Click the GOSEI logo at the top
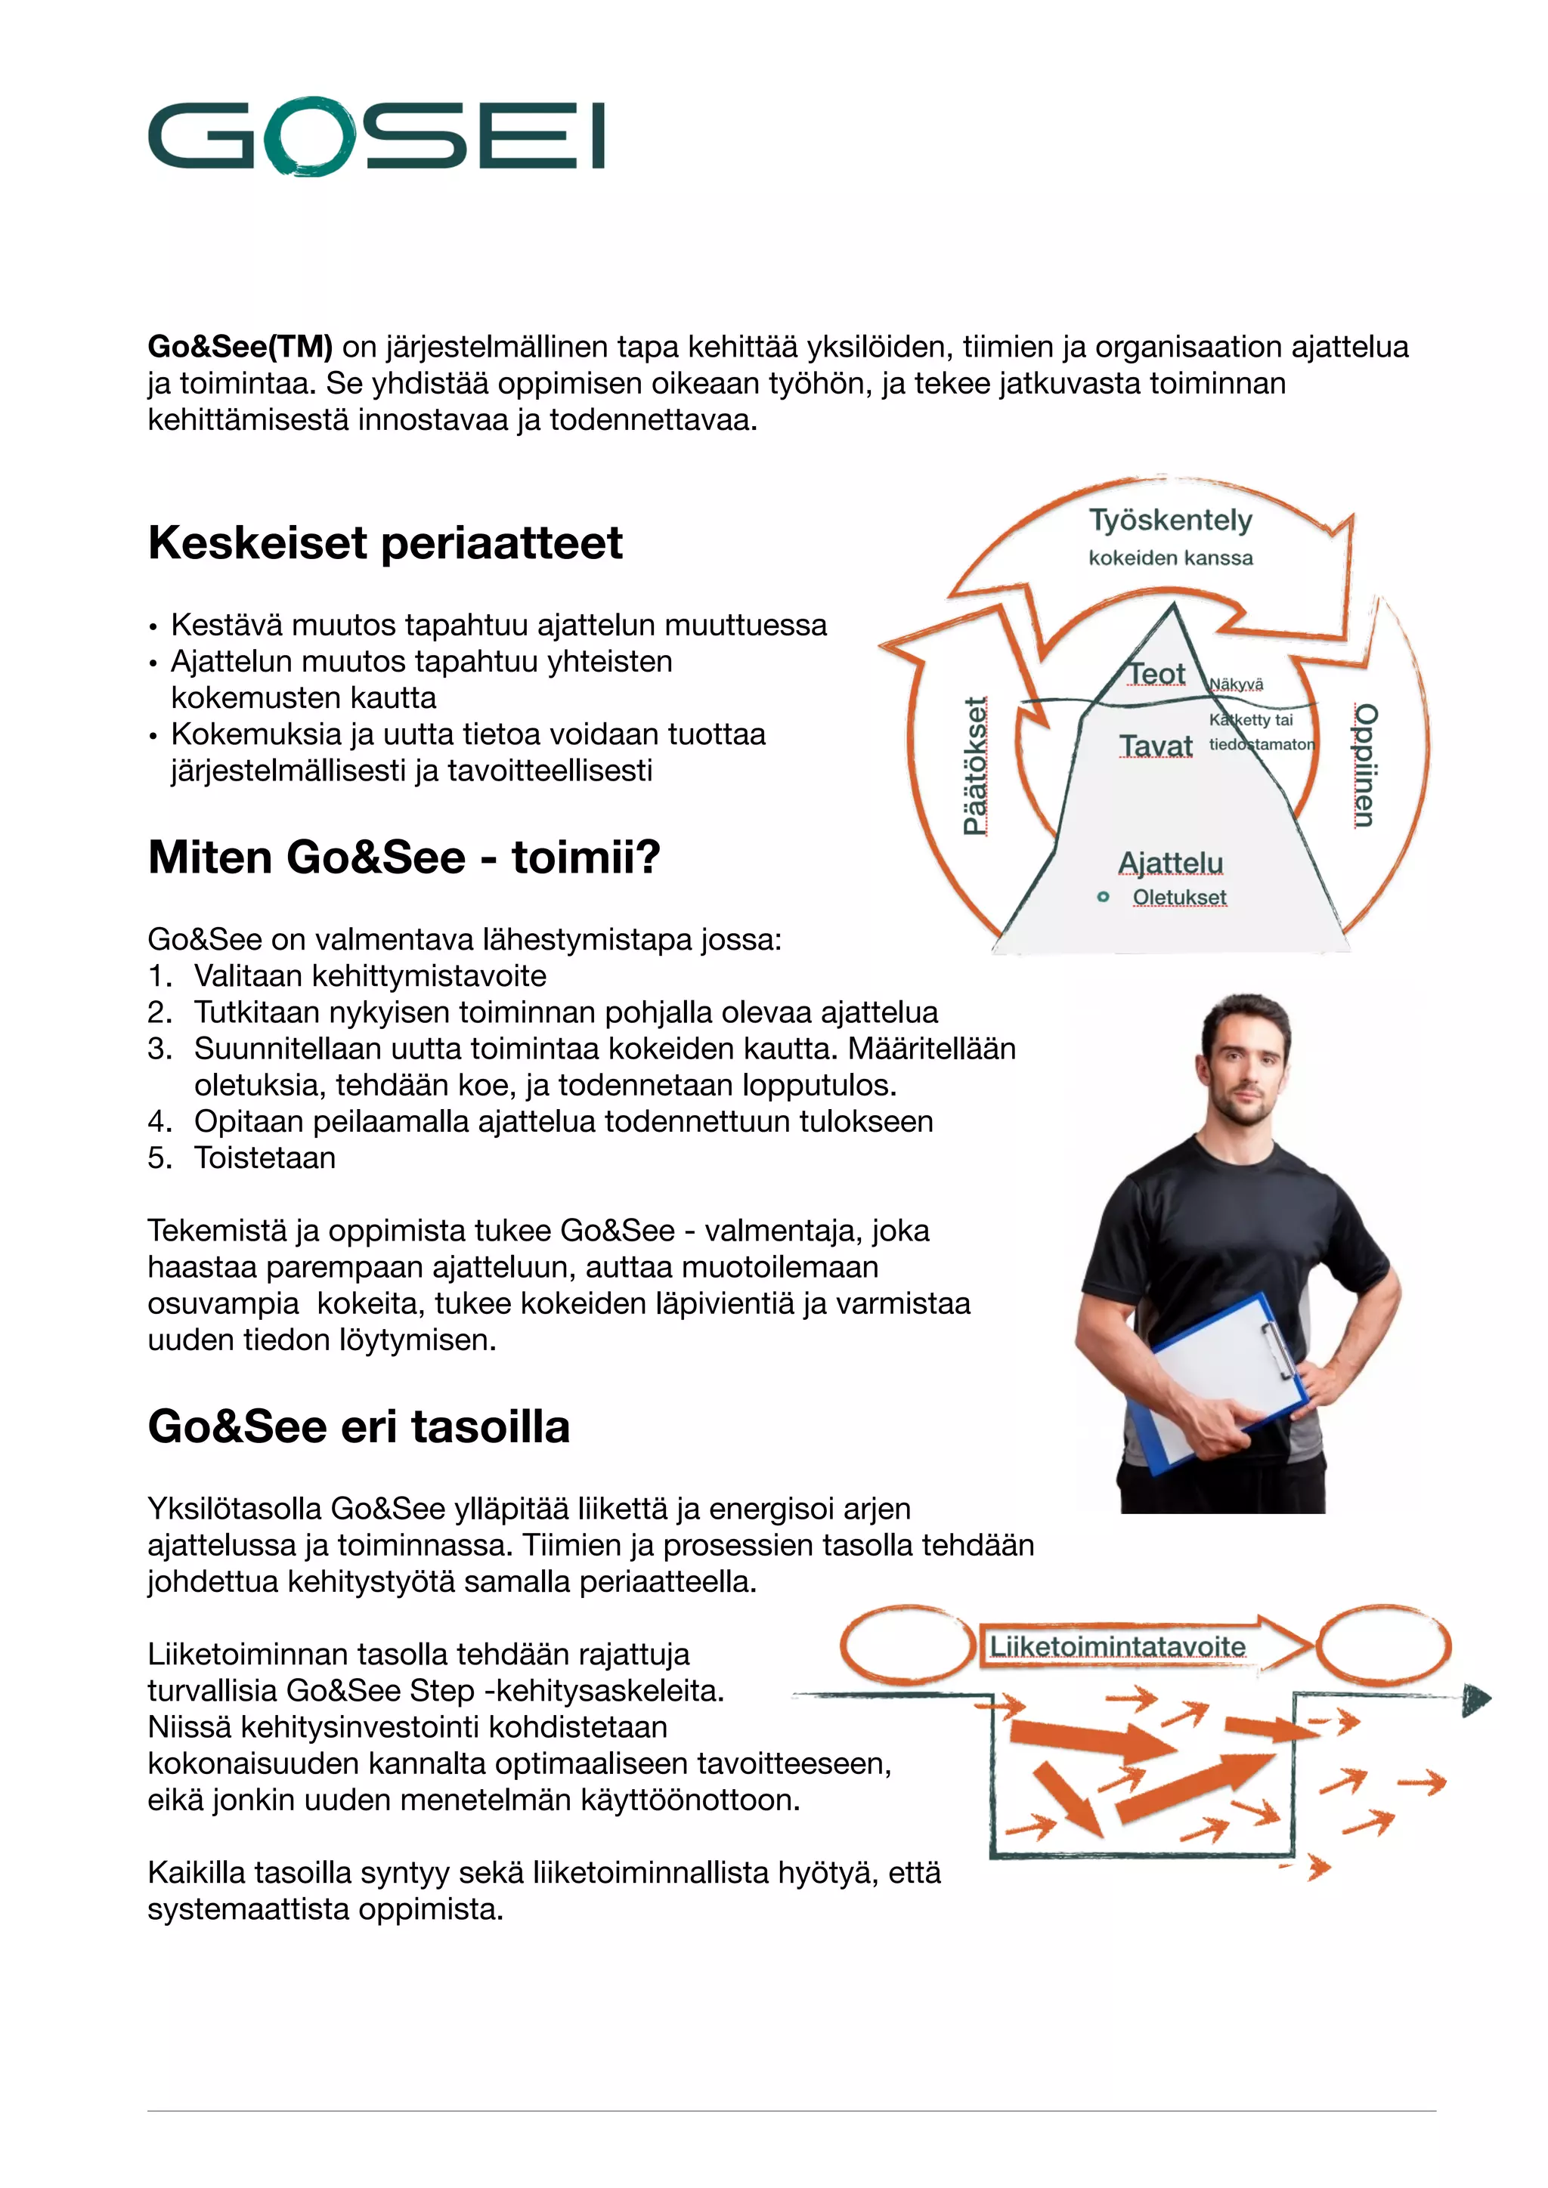(376, 136)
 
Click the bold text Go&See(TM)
(240, 347)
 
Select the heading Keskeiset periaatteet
(385, 543)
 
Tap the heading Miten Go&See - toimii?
(404, 857)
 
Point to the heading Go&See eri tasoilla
(358, 1426)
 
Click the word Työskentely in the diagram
(1171, 521)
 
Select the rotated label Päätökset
(974, 766)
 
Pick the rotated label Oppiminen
(1365, 765)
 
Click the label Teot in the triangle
(1157, 674)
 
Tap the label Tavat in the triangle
(1155, 746)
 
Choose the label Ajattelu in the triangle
(1171, 862)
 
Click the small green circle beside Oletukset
(1103, 897)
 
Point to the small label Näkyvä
(1237, 685)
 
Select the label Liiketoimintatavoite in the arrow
(1117, 1647)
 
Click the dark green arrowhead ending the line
(1475, 1699)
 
